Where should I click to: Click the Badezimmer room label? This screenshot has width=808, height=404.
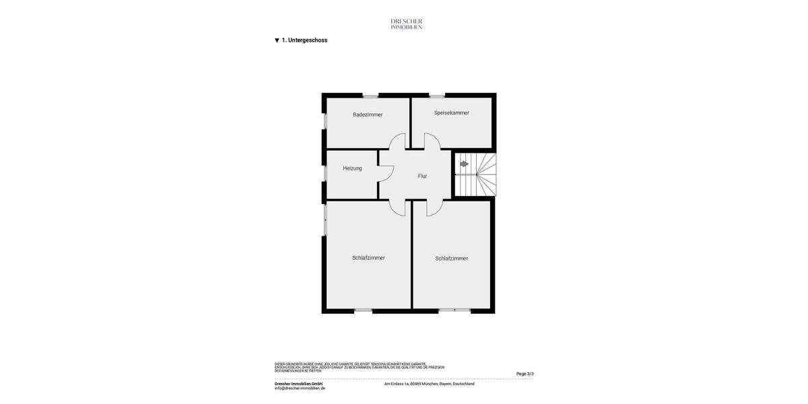[x=368, y=114]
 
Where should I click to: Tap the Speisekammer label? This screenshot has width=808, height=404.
[x=452, y=112]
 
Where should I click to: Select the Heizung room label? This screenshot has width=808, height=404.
[x=352, y=168]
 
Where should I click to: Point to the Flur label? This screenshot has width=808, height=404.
[x=422, y=176]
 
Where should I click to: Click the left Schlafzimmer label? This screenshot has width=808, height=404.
[x=368, y=258]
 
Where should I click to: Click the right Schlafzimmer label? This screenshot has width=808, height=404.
[x=451, y=259]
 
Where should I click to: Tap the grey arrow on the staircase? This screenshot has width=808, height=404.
[x=464, y=164]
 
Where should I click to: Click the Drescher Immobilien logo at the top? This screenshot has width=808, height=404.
[x=407, y=24]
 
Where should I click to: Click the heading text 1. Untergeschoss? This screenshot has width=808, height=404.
[x=304, y=40]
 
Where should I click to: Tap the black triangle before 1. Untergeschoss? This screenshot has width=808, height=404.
[x=277, y=40]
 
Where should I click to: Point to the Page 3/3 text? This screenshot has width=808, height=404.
[x=525, y=374]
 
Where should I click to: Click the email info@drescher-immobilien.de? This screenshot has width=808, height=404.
[x=300, y=389]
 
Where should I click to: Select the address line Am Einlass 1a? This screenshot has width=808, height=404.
[x=429, y=384]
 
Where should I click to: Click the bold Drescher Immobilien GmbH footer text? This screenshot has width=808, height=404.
[x=298, y=384]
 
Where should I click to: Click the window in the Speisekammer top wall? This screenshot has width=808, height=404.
[x=437, y=96]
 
